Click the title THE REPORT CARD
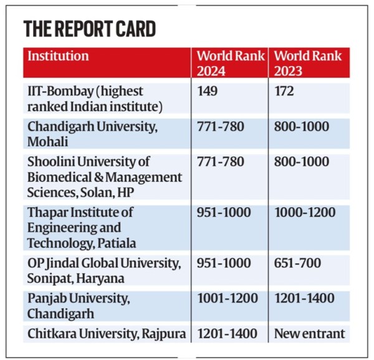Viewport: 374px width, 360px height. point(90,29)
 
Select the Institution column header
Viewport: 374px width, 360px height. point(58,56)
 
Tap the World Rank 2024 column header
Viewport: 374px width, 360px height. point(231,63)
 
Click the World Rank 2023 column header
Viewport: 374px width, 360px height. point(308,63)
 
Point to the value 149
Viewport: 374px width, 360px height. point(208,92)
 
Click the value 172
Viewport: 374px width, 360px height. point(285,92)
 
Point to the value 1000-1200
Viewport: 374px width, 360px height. point(305,213)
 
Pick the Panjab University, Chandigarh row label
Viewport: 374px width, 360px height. point(79,306)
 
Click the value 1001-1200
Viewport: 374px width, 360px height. point(228,299)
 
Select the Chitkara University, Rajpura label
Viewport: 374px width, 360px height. point(107,334)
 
